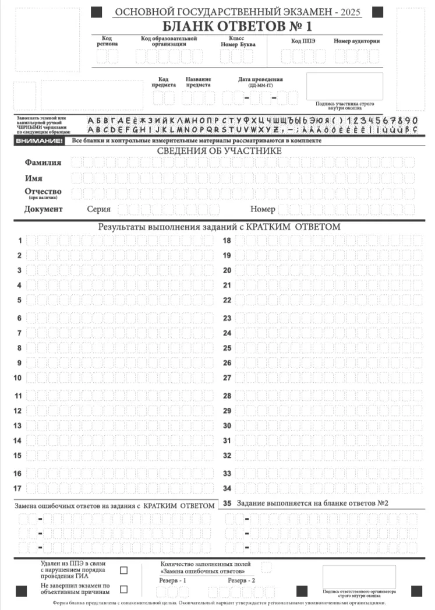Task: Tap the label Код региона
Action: pos(107,41)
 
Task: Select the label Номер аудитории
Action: pos(356,41)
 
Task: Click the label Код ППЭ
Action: pos(303,41)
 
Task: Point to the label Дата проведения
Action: pos(260,80)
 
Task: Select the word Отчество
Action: pos(43,192)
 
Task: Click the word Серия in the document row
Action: pos(98,209)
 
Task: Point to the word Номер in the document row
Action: pos(263,209)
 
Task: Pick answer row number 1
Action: pos(20,241)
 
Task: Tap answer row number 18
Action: pos(227,241)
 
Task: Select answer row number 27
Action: pos(227,378)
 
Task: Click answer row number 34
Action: pos(227,488)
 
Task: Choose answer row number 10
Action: pos(17,378)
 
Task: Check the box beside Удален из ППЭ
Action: pos(123,570)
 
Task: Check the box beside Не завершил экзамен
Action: pos(123,588)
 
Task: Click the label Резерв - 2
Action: pos(241,581)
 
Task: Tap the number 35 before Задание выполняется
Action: pos(227,503)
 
